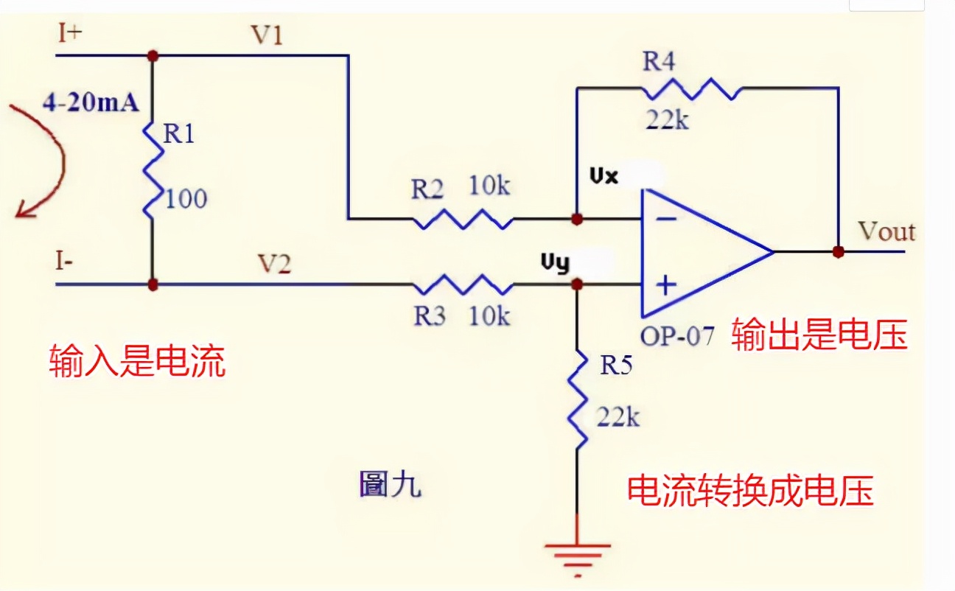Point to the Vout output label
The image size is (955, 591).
(x=886, y=232)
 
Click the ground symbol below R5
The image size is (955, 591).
(x=578, y=554)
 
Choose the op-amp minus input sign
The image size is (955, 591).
(x=666, y=219)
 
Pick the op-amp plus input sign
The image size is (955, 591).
(x=666, y=284)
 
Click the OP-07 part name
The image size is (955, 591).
(x=677, y=336)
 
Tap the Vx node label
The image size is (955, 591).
(x=604, y=177)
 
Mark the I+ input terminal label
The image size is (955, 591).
(x=70, y=34)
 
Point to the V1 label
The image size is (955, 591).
(x=267, y=36)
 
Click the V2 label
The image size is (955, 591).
(x=274, y=263)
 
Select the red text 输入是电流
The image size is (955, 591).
(x=137, y=363)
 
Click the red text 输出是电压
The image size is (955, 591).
(x=819, y=336)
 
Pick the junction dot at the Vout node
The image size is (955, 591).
(x=838, y=251)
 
